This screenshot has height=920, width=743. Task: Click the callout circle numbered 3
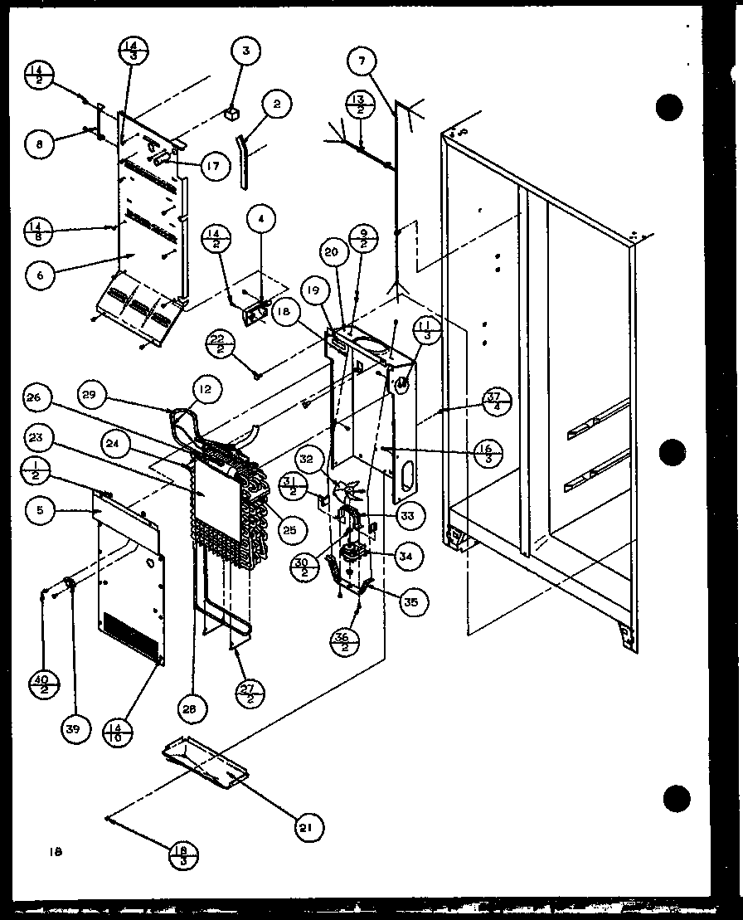(245, 51)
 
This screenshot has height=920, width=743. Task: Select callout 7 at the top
(362, 61)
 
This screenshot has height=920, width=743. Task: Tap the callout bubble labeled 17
(213, 166)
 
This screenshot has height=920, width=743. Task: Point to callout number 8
(38, 143)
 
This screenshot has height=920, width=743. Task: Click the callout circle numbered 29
(94, 396)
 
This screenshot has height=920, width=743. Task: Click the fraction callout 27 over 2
(250, 691)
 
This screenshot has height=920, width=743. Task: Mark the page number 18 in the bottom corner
(56, 850)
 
